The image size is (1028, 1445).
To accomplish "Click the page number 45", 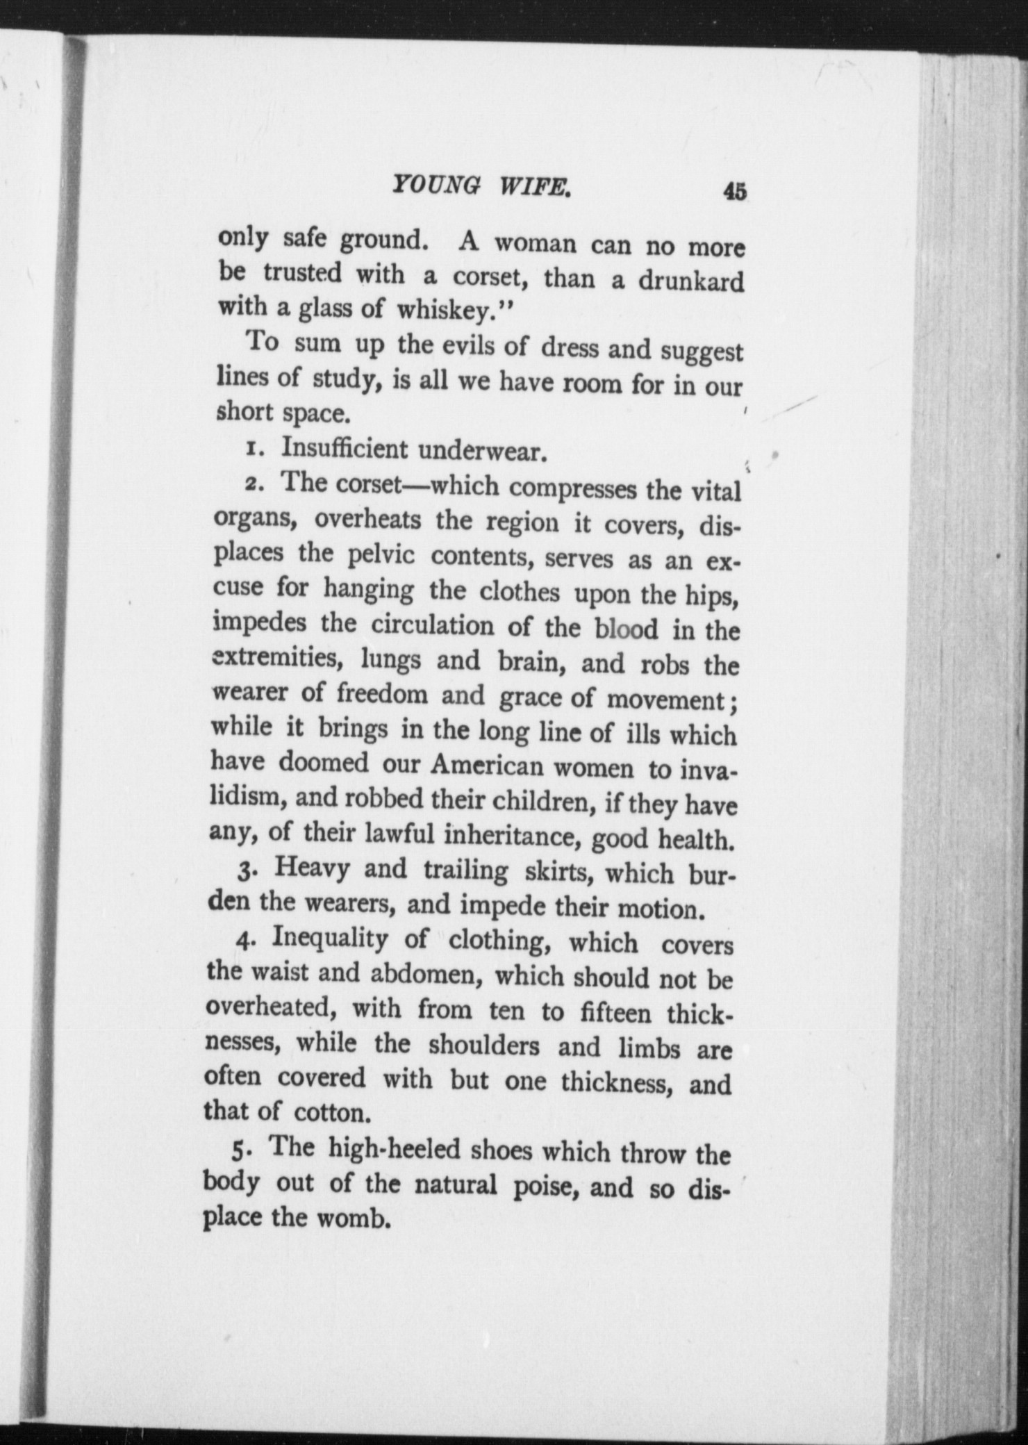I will pos(734,191).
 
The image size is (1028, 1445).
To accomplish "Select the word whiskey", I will pos(444,311).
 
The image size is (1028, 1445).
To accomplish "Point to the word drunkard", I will pos(690,281).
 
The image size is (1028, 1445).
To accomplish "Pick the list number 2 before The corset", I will pos(252,484).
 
